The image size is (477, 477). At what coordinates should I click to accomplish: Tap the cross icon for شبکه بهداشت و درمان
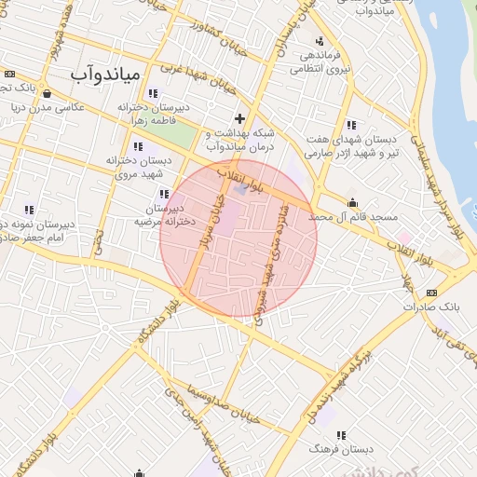pyautogui.click(x=240, y=118)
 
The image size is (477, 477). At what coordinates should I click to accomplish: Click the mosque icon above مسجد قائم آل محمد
pyautogui.click(x=352, y=203)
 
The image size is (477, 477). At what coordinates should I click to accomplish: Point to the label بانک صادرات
pyautogui.click(x=432, y=306)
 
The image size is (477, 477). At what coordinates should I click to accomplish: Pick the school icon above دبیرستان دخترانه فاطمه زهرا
pyautogui.click(x=152, y=93)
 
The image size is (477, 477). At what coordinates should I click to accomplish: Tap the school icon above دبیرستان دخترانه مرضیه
pyautogui.click(x=164, y=194)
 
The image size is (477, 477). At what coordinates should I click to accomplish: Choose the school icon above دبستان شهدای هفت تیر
pyautogui.click(x=350, y=125)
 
